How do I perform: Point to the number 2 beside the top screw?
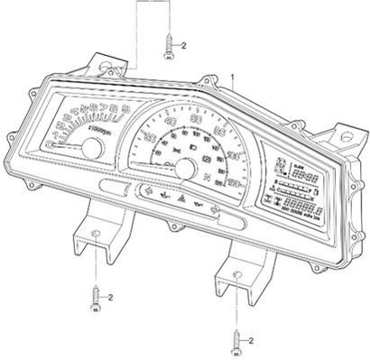[184, 44]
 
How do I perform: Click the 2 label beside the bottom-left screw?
[111, 296]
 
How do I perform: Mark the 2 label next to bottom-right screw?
[252, 340]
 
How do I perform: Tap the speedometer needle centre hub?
[183, 168]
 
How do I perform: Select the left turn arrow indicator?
[144, 192]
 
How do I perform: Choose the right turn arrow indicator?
[216, 212]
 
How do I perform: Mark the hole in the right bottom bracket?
[236, 274]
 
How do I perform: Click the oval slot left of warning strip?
[116, 186]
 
